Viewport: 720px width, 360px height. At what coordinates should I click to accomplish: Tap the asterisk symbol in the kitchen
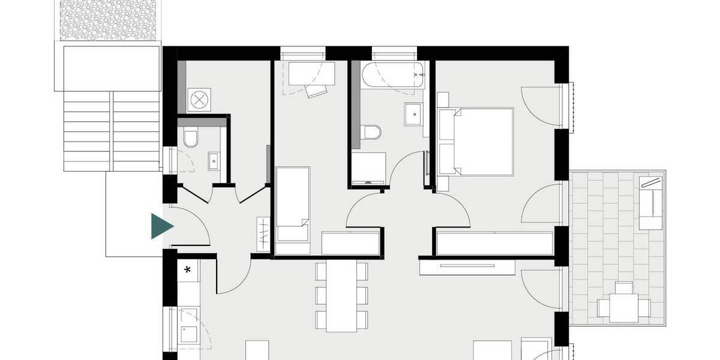point(187,270)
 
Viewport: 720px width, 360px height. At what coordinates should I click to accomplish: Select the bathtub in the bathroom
point(394,75)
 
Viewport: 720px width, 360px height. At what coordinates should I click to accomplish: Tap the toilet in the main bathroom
point(372,131)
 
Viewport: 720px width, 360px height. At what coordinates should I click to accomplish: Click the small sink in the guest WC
point(214,159)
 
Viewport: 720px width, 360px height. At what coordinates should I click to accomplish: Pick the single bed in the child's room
point(293,204)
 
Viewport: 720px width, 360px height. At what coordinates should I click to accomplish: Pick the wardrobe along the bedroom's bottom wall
point(494,242)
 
